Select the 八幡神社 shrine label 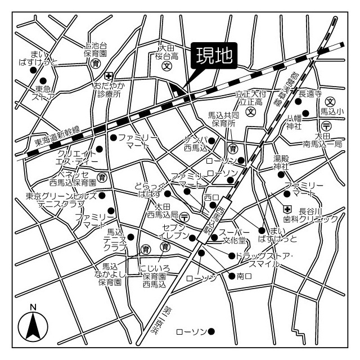pyautogui.click(x=295, y=123)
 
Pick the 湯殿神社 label pyautogui.click(x=281, y=163)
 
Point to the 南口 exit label pyautogui.click(x=243, y=276)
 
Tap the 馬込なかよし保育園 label pyautogui.click(x=110, y=274)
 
